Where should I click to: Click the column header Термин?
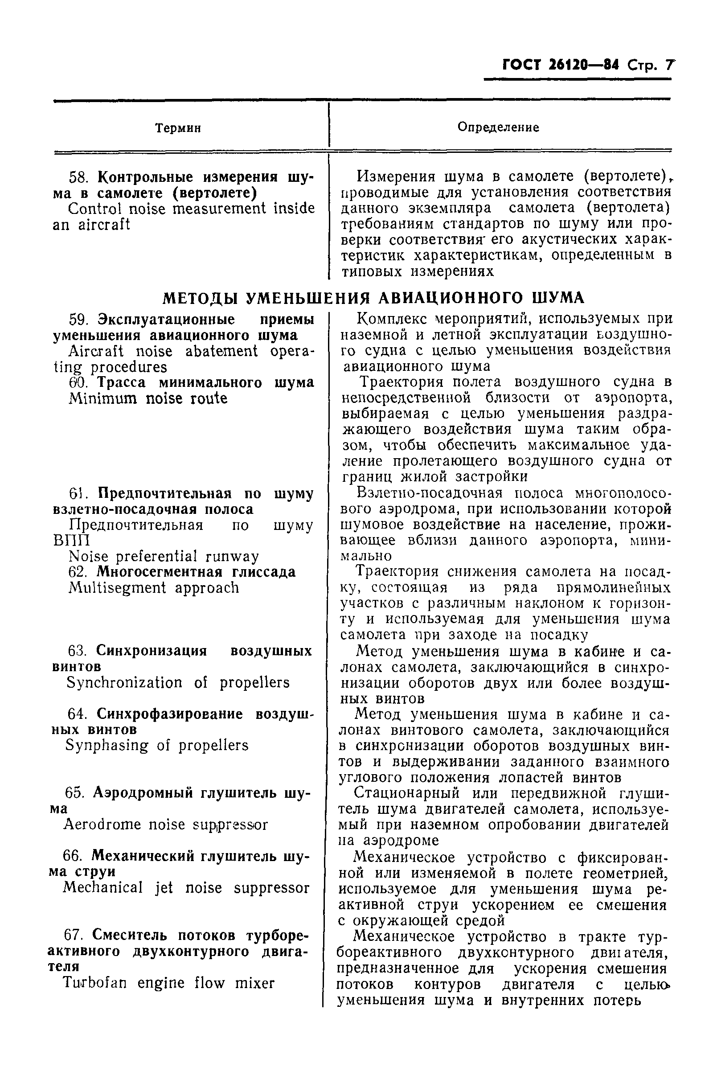(x=178, y=128)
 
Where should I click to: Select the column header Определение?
(x=498, y=127)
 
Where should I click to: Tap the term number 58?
(x=80, y=177)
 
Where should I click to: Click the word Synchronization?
(x=124, y=683)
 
